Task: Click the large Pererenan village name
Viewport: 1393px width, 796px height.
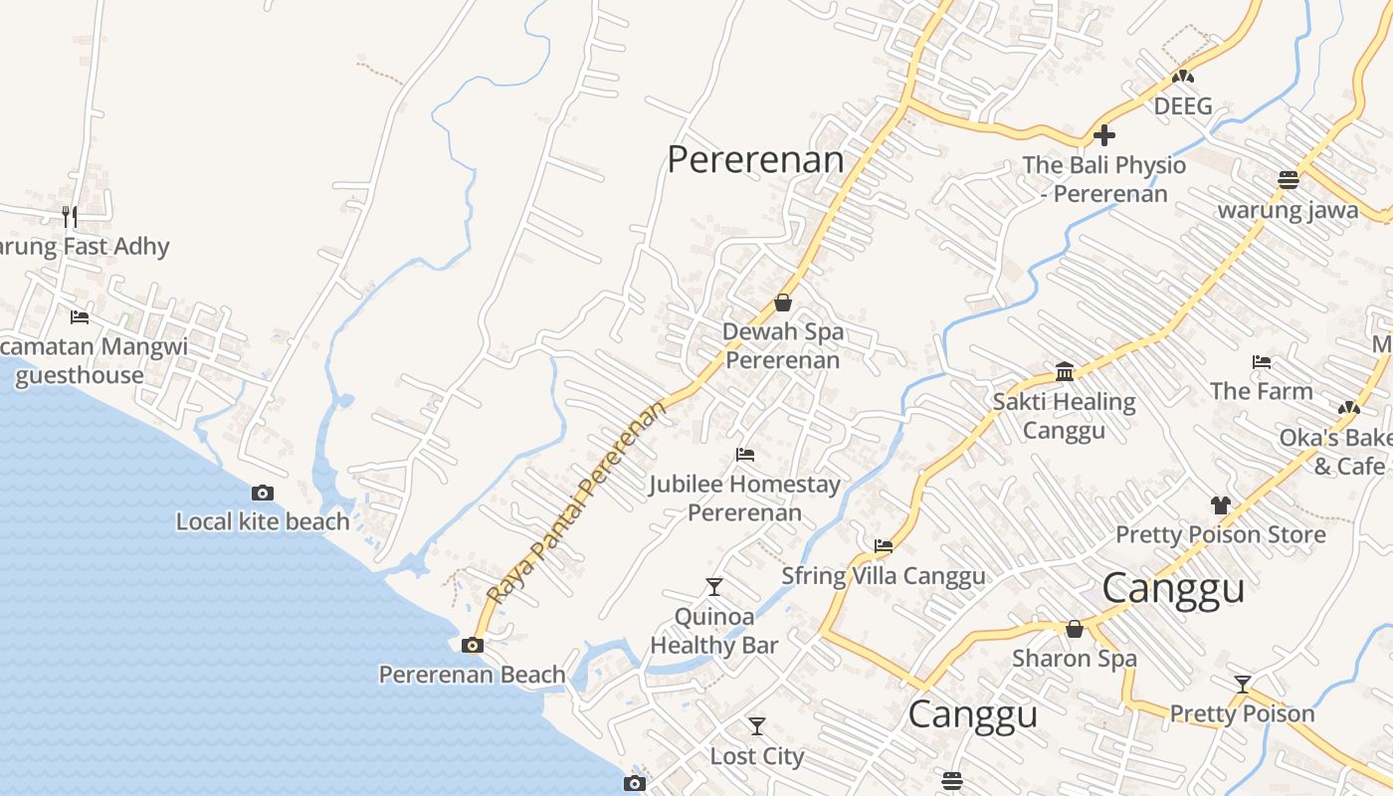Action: [x=755, y=159]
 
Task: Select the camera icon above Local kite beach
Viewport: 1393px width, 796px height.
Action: [x=263, y=493]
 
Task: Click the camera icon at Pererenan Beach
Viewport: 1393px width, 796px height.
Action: [x=473, y=645]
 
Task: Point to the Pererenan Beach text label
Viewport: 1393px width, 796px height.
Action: [x=472, y=675]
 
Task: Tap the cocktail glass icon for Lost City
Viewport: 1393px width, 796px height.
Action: [x=757, y=726]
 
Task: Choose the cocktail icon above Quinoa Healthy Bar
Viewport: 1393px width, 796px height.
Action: [x=713, y=586]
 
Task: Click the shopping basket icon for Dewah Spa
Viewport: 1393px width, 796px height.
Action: [x=783, y=302]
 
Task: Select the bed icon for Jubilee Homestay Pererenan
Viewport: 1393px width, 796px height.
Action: [x=745, y=455]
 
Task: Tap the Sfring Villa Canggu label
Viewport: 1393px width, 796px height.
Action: [x=883, y=576]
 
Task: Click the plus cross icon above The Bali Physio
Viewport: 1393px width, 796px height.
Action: [x=1104, y=135]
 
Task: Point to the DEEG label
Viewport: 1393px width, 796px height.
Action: [x=1183, y=105]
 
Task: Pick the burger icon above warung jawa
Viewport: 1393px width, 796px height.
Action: [x=1289, y=180]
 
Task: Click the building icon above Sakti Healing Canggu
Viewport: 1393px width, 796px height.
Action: [x=1065, y=372]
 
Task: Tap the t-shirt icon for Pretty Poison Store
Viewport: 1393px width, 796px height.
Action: [x=1221, y=505]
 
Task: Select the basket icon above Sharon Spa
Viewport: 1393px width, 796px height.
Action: [x=1075, y=629]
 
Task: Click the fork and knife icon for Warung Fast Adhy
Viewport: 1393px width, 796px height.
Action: [x=70, y=216]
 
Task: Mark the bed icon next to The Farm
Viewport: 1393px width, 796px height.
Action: [x=1262, y=362]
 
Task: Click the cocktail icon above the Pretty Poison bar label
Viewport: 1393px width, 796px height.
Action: [x=1242, y=685]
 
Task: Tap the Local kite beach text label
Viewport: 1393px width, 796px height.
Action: [x=263, y=521]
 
